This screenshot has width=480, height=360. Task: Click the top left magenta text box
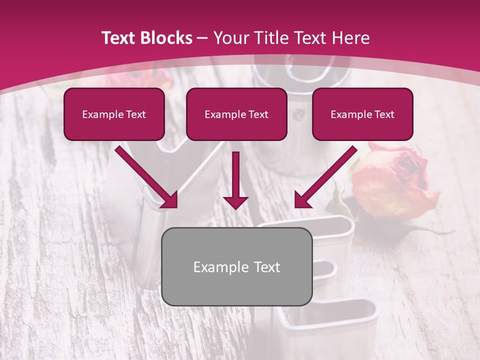click(114, 114)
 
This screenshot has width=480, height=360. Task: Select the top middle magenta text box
click(236, 114)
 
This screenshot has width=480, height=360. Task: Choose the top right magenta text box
click(362, 114)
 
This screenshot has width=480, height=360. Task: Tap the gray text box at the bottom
click(237, 266)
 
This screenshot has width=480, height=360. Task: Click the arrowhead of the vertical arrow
click(235, 202)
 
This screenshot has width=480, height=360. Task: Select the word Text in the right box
click(384, 114)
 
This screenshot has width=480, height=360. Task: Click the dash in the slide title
click(202, 38)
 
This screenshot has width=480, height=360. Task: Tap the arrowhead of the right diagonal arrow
click(302, 200)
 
